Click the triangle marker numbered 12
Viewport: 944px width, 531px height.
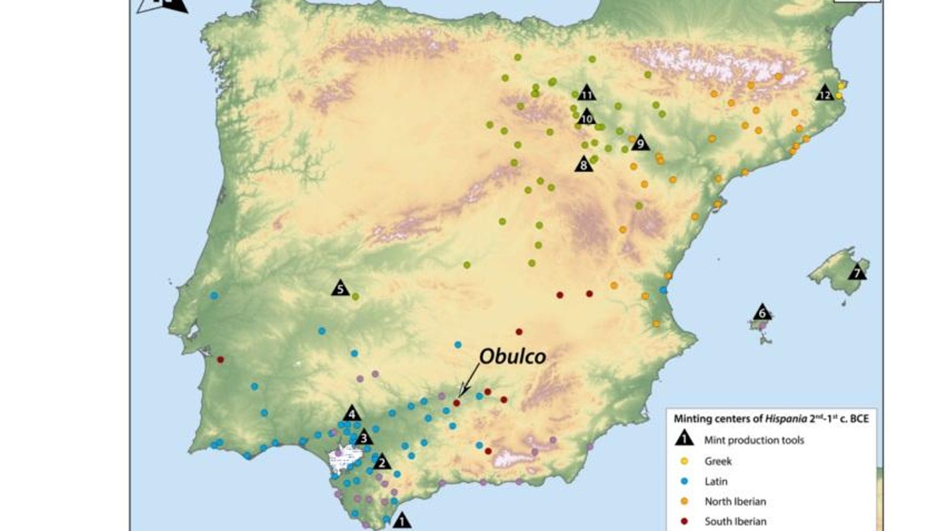825,94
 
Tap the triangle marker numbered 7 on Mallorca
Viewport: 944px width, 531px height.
857,273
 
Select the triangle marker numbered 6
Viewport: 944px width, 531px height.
762,313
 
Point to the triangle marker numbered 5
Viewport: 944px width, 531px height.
340,289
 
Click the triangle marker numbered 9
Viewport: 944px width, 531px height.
640,143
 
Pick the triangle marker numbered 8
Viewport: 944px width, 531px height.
584,164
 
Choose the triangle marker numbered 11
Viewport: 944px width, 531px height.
586,93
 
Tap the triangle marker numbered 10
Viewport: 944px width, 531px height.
586,117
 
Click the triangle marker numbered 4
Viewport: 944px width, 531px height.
352,414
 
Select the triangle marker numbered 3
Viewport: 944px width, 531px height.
364,437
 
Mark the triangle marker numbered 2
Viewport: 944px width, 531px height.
382,462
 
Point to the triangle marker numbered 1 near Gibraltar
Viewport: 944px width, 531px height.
402,520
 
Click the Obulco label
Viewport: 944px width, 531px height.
512,356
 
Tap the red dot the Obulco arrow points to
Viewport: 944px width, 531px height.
456,402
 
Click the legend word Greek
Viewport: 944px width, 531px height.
717,461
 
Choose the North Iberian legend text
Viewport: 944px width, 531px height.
735,501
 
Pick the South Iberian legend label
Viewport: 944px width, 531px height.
735,522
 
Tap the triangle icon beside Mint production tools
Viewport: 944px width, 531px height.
684,439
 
